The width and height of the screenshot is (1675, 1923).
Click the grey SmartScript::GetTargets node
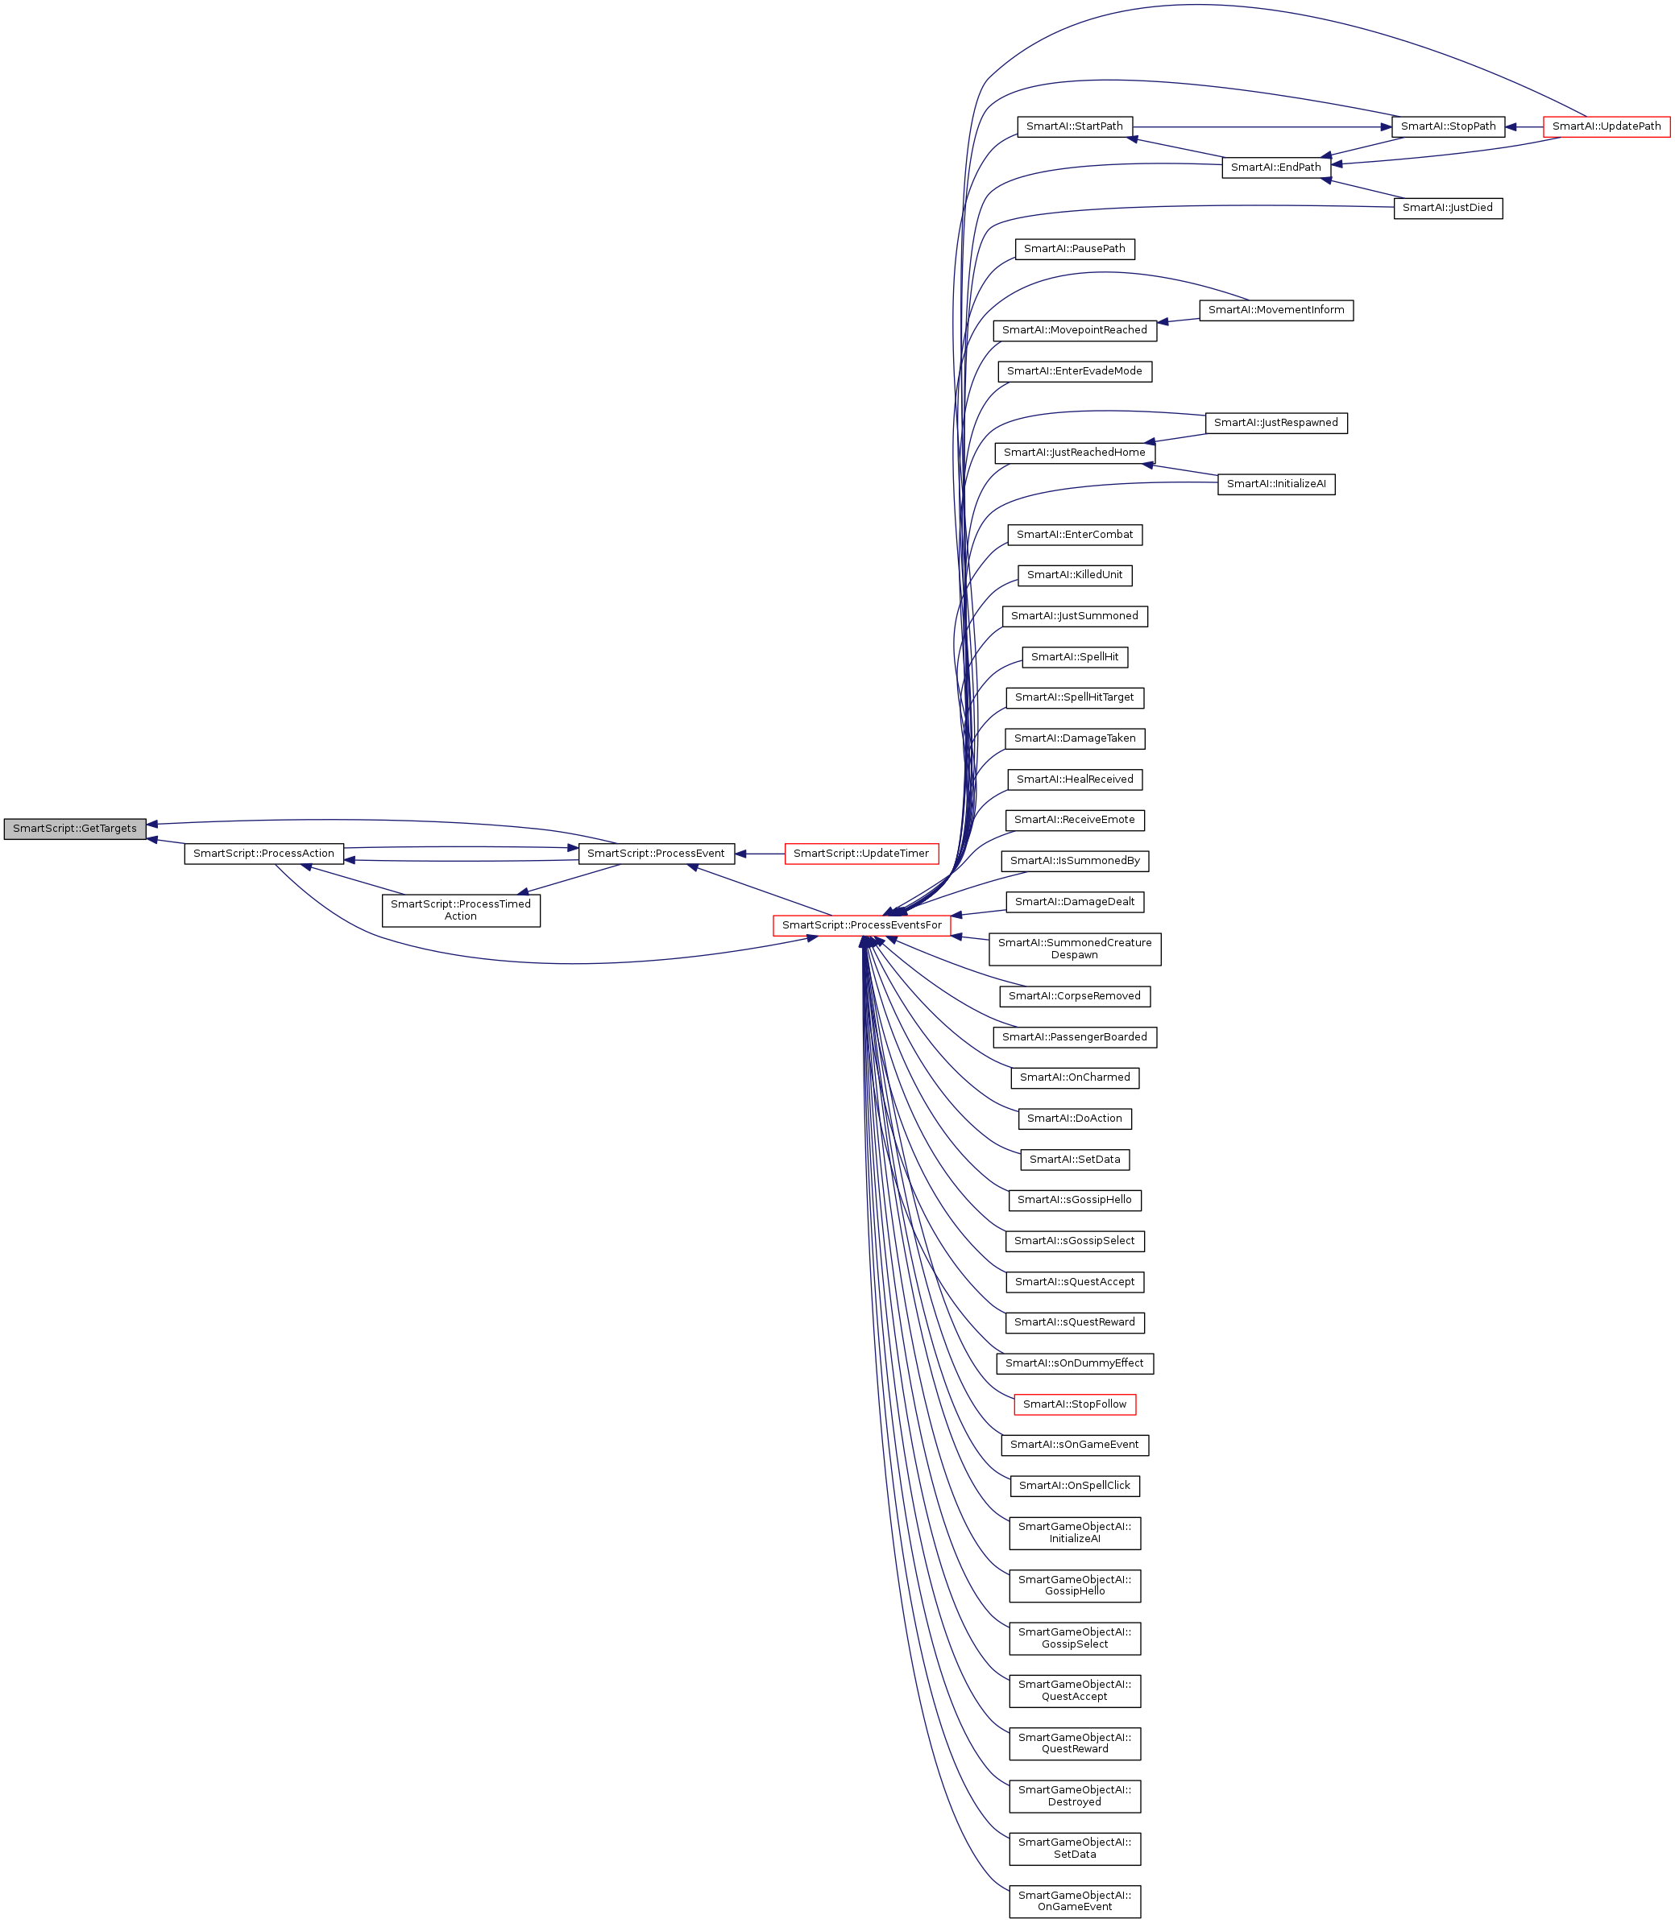point(75,828)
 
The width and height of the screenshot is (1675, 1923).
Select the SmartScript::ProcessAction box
point(263,853)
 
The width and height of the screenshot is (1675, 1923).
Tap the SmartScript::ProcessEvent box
point(655,853)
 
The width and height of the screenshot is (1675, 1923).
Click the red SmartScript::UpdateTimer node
point(861,853)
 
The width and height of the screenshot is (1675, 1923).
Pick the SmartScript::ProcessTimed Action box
point(461,910)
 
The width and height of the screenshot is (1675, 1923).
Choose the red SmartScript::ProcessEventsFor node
point(861,925)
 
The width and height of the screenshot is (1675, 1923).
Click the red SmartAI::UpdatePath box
point(1606,126)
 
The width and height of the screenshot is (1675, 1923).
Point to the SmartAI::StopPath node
point(1448,126)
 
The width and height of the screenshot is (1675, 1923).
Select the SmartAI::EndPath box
point(1276,167)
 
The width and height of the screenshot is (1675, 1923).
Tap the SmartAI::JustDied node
point(1447,208)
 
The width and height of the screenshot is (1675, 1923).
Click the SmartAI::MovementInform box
point(1276,310)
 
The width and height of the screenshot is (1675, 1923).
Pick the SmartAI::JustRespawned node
point(1276,422)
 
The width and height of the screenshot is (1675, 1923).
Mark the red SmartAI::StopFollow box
point(1074,1404)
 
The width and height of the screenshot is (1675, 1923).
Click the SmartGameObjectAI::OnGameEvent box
point(1074,1900)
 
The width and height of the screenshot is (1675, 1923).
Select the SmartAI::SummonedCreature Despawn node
point(1074,949)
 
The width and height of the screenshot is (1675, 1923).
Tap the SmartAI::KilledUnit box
point(1074,575)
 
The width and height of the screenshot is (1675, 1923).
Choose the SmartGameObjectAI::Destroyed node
point(1074,1795)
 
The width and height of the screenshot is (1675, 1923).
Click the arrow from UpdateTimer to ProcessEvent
point(760,853)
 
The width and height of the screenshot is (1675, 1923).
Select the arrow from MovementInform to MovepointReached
point(1178,321)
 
